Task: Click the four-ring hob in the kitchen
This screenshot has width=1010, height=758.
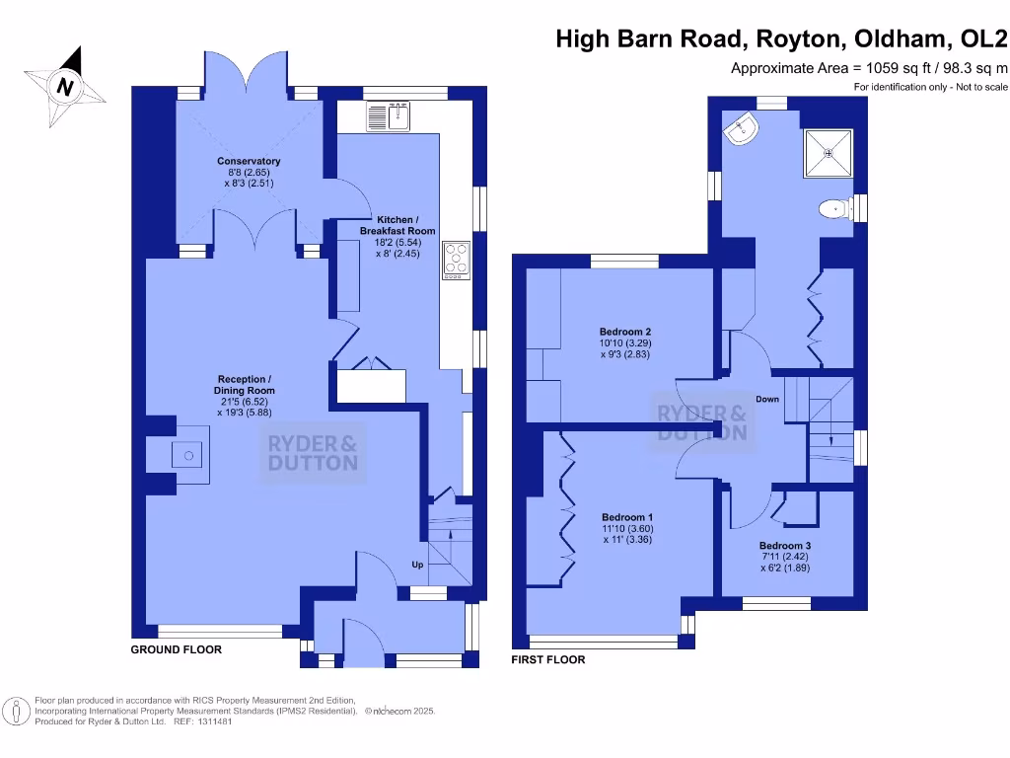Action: [x=457, y=260]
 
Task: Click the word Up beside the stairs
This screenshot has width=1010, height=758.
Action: [x=418, y=565]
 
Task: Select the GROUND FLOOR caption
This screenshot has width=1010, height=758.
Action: [x=177, y=650]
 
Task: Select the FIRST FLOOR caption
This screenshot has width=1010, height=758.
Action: [x=547, y=659]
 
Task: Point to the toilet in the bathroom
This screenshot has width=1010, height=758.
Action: [x=834, y=208]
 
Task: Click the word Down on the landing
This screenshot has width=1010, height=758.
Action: [x=767, y=400]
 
